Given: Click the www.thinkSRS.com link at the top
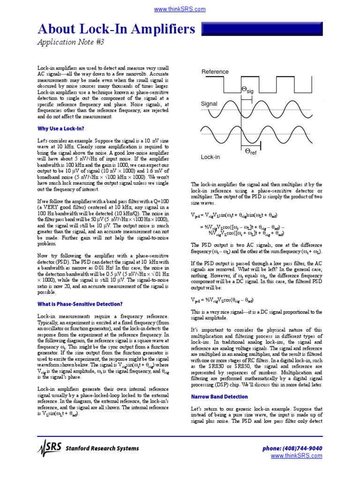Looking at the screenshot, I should click(x=180, y=9).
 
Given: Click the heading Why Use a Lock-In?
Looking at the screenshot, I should click(x=60, y=128).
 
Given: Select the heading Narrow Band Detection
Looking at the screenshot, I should click(x=219, y=397).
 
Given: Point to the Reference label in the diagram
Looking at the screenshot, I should click(x=215, y=72).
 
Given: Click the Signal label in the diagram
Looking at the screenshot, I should click(x=209, y=104).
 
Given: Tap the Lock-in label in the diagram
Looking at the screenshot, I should click(x=210, y=157).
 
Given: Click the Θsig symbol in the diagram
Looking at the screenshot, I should click(x=247, y=90).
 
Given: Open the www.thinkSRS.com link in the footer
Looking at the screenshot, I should click(x=296, y=456).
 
